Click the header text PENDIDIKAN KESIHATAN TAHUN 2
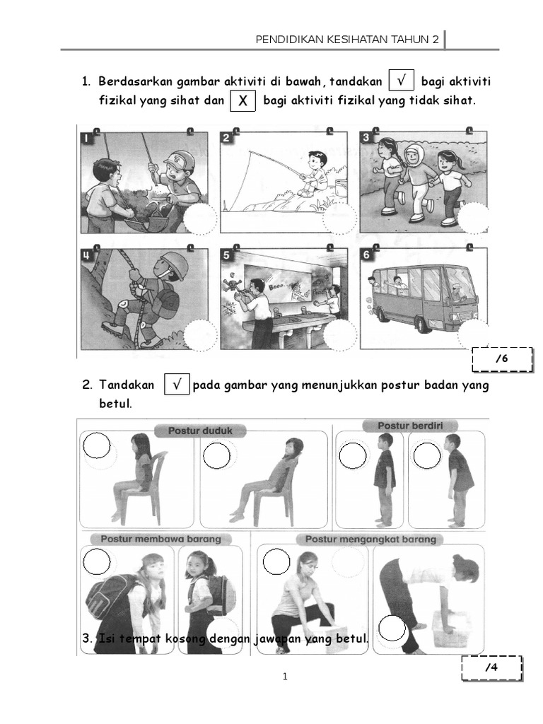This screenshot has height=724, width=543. pos(347,40)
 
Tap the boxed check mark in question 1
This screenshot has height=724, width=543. pos(402,81)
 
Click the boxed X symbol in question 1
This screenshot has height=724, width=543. pos(243,100)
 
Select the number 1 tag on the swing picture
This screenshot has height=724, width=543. pos(87,138)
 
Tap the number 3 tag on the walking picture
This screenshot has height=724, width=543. pos(366,138)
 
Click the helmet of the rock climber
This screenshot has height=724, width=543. pos(173,264)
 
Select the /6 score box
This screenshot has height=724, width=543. pos(503,359)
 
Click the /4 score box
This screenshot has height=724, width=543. pos(492,667)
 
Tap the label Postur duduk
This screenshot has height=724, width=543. pos(200,431)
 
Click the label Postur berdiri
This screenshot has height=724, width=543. pos(410,426)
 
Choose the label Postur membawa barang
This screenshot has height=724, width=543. pos(160,539)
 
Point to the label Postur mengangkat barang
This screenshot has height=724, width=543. pos(370,539)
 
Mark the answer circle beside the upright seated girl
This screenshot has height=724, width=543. pos(96,445)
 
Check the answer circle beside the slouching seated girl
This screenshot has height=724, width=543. pos(216,456)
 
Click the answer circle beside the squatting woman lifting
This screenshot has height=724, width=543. pos(276,562)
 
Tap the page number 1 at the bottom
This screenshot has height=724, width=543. pos(285,677)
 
